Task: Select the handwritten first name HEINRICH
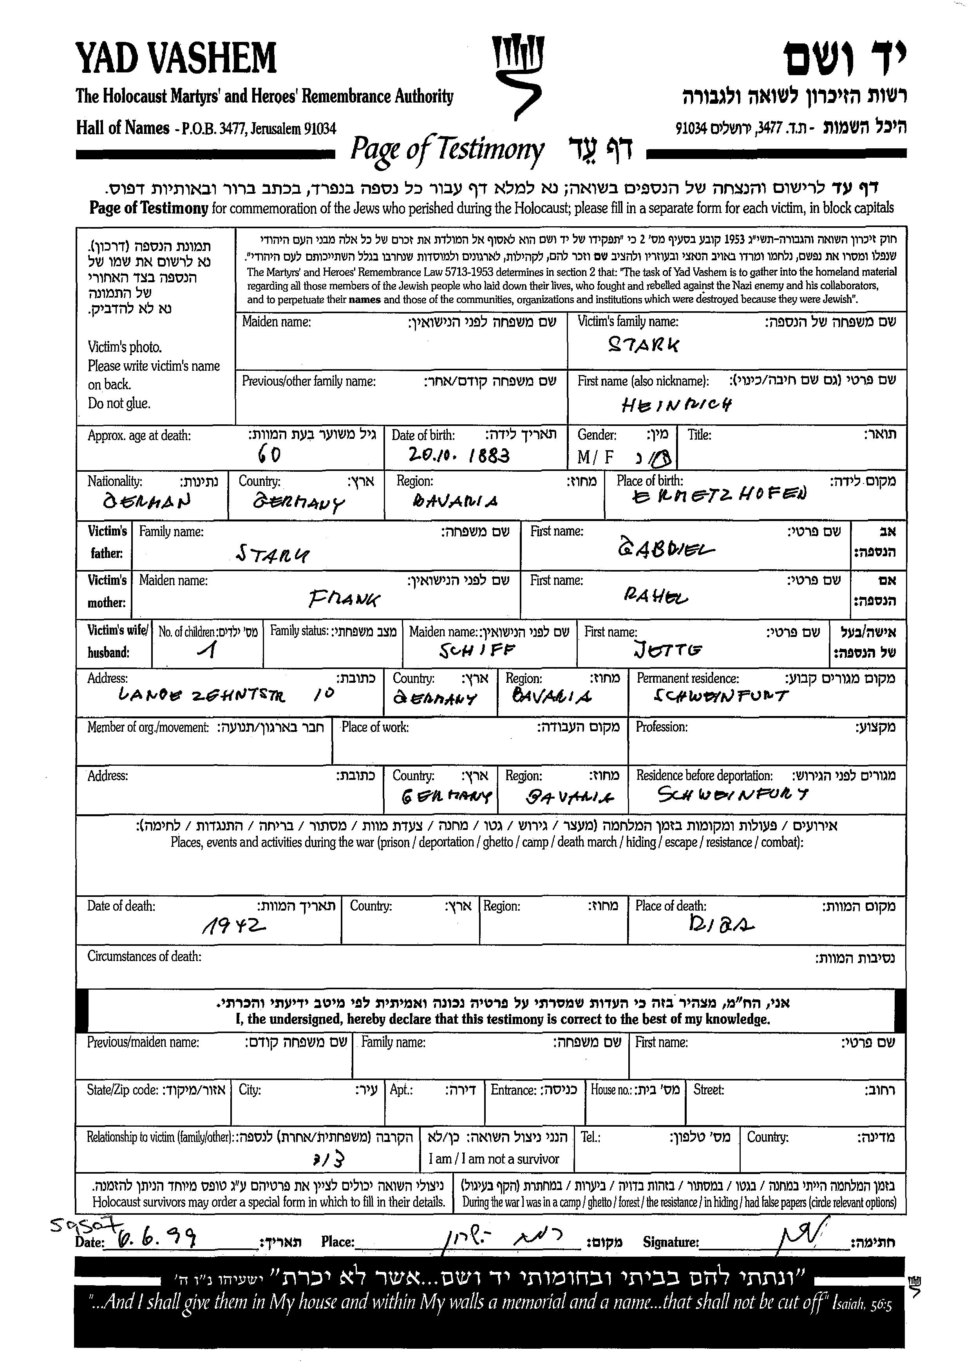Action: (x=676, y=406)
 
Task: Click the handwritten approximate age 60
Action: (x=269, y=455)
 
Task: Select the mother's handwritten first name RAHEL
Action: (x=655, y=595)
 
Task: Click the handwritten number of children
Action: (x=208, y=650)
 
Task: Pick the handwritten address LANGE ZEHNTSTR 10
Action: (x=226, y=695)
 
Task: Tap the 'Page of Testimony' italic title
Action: (x=447, y=148)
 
